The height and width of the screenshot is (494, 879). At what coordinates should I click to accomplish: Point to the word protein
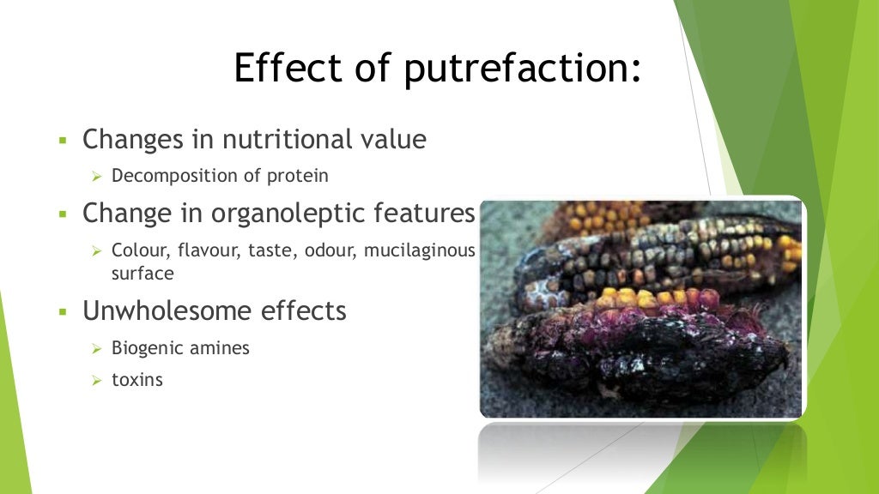297,177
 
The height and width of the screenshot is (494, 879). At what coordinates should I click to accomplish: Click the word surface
142,274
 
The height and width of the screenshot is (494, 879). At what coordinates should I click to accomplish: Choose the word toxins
137,379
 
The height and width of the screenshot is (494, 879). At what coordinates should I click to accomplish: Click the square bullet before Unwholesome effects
63,311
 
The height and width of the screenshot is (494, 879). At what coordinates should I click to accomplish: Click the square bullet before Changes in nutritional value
63,140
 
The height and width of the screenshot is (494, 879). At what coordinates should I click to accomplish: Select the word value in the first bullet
392,139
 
